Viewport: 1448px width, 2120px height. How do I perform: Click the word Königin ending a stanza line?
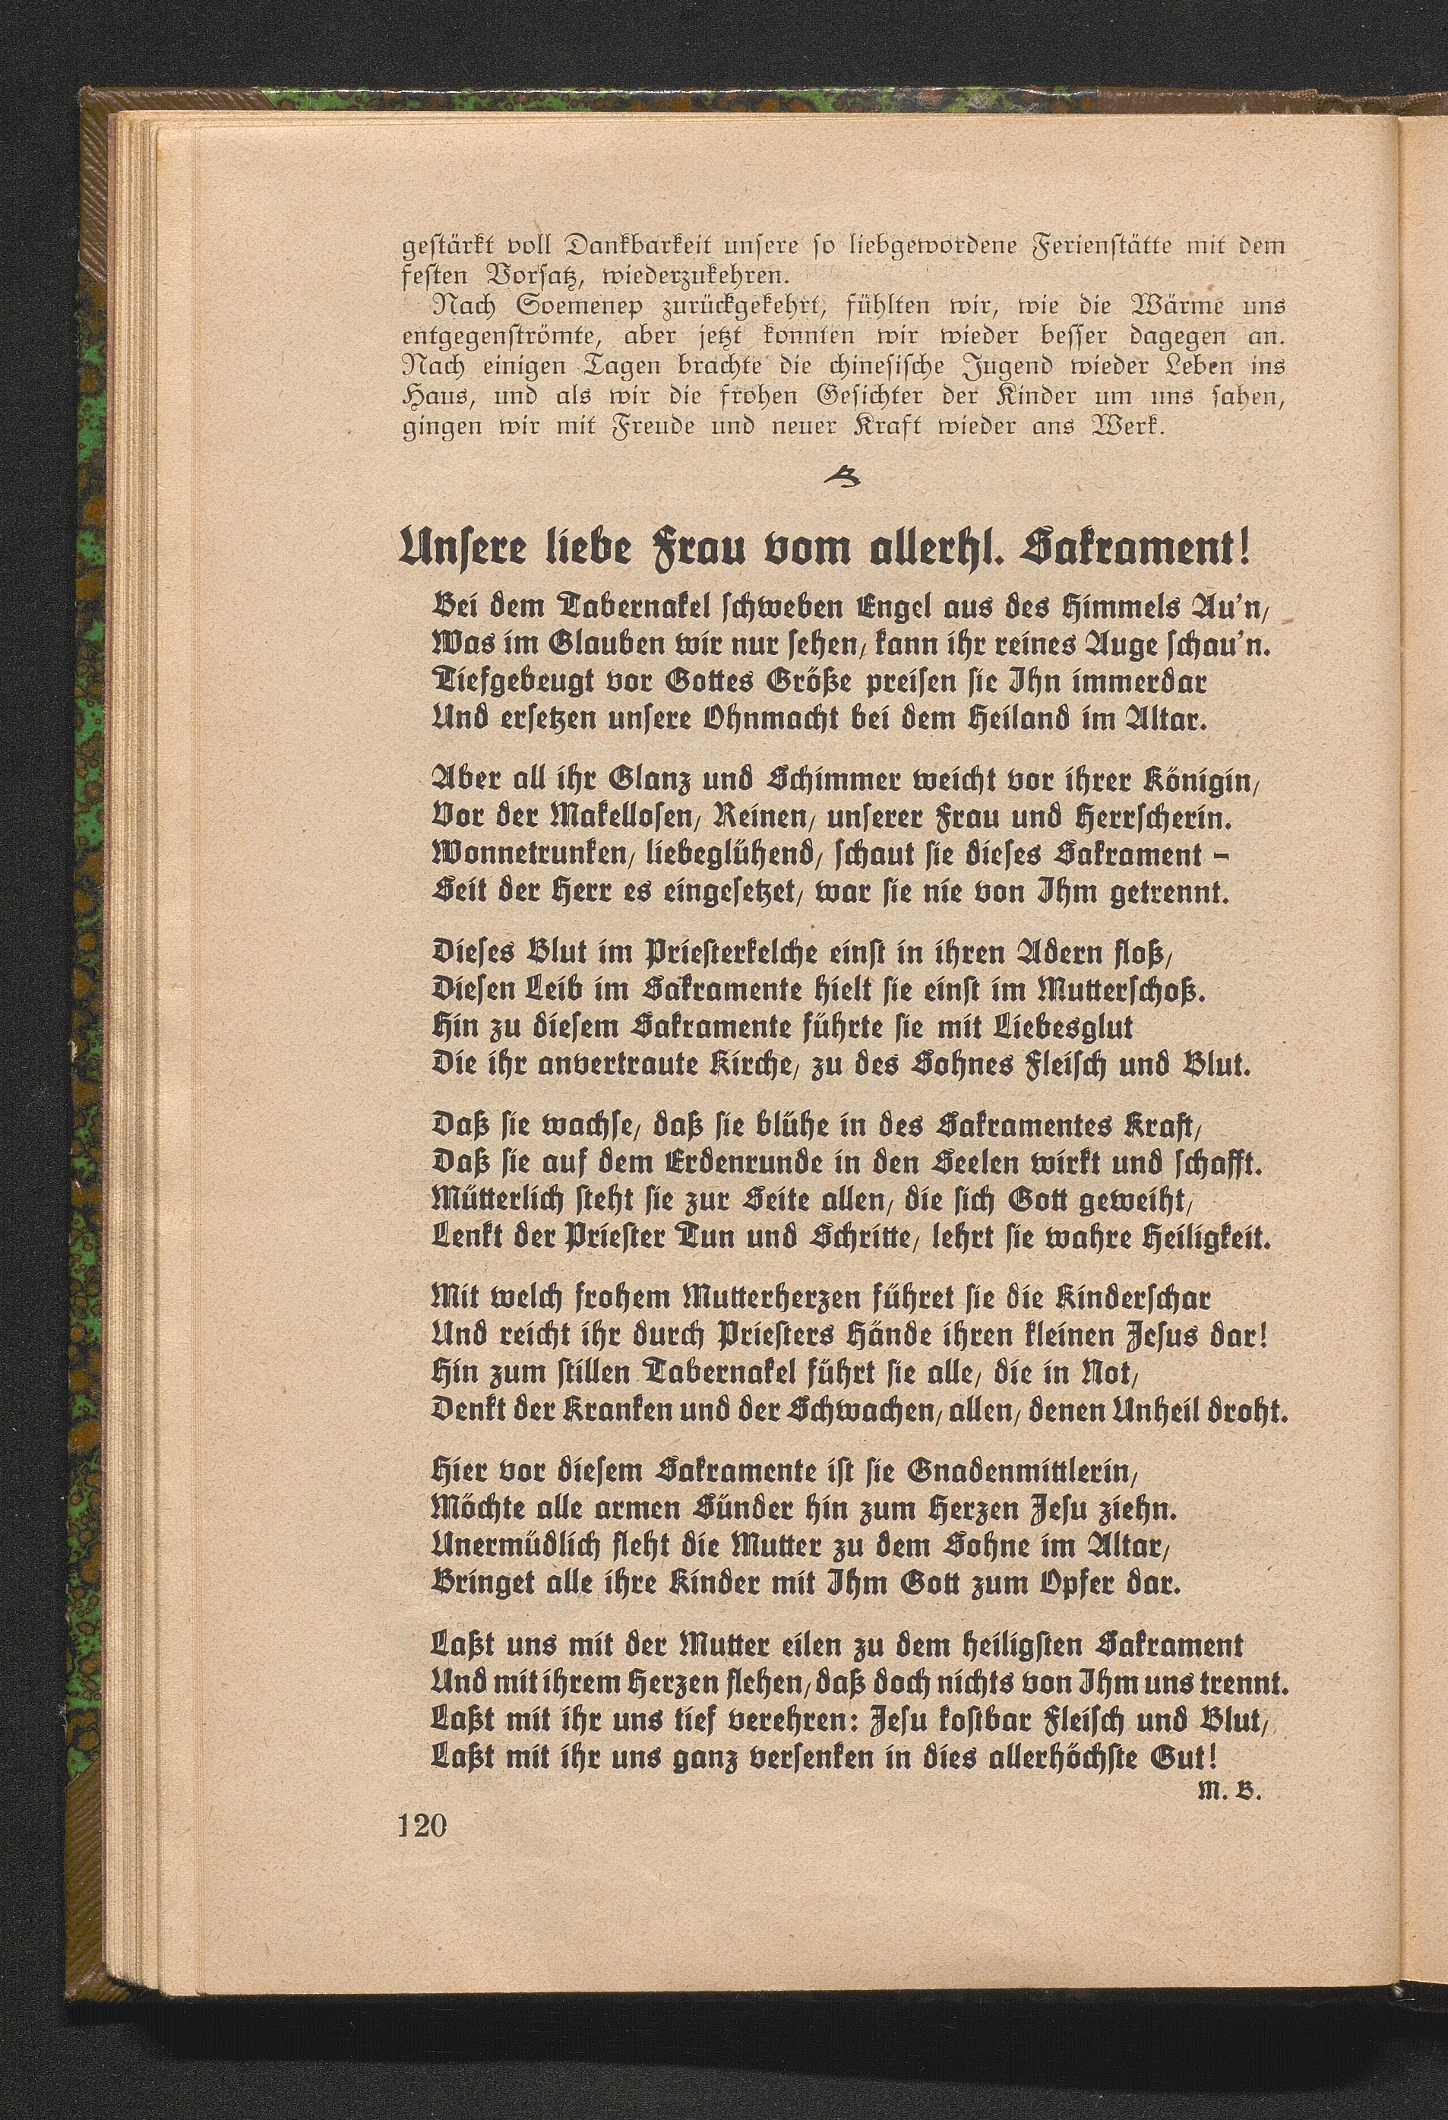(x=1201, y=783)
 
